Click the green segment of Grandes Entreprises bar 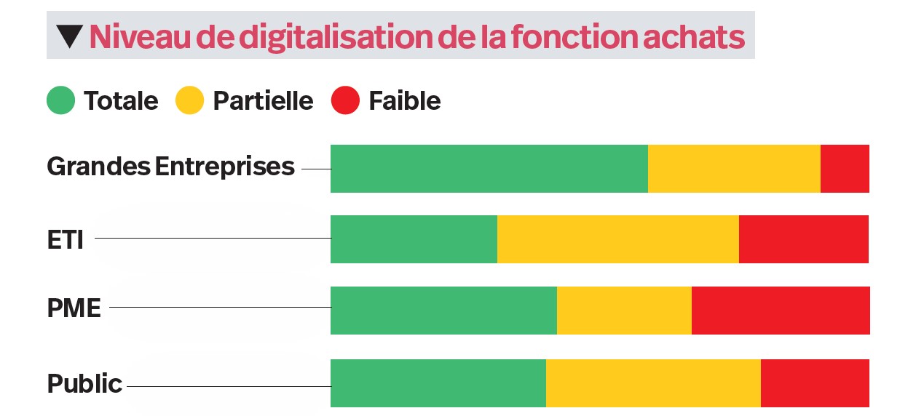point(489,169)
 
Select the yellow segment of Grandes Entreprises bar point(734,169)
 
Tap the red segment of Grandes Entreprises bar point(845,169)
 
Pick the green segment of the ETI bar point(414,239)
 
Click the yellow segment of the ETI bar point(617,239)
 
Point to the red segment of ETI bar point(804,239)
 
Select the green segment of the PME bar point(443,311)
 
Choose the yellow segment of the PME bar point(624,311)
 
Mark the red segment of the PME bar point(781,311)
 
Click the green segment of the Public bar point(438,383)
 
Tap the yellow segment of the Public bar point(653,383)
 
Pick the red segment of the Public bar point(815,383)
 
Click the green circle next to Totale point(61,100)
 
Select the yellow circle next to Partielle point(190,100)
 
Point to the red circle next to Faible point(345,100)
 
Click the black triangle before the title point(70,36)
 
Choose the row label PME point(74,308)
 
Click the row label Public point(84,383)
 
